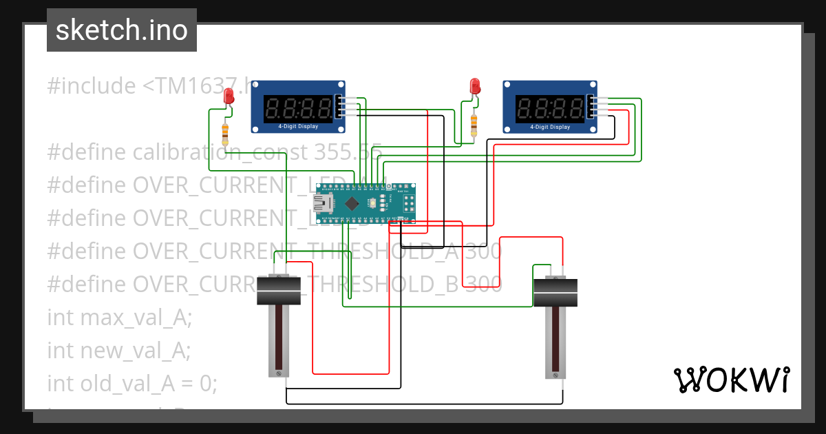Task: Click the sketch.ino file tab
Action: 122,30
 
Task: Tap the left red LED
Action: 229,98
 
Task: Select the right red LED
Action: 474,86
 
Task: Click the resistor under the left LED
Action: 224,134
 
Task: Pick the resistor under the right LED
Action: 474,125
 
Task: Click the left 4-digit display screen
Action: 298,107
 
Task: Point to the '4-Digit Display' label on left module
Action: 298,127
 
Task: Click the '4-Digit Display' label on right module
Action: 550,127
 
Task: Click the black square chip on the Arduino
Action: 352,203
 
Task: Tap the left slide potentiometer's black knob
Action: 279,291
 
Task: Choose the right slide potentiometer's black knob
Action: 555,292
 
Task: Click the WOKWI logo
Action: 731,380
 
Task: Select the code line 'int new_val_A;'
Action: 118,350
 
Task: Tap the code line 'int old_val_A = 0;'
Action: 132,382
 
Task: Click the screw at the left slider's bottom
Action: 279,373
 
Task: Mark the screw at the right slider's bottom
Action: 555,375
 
